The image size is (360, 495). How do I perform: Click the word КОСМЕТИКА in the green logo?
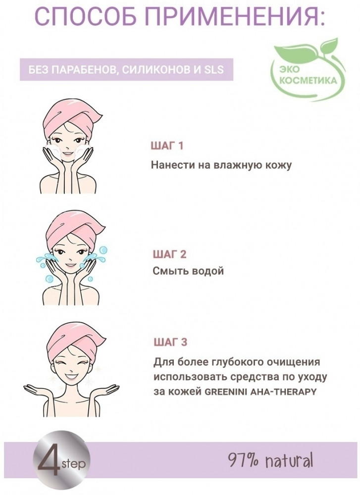308,81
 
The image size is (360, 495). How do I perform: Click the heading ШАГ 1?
167,146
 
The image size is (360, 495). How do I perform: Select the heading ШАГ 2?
169,254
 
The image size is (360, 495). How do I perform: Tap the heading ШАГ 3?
170,342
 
